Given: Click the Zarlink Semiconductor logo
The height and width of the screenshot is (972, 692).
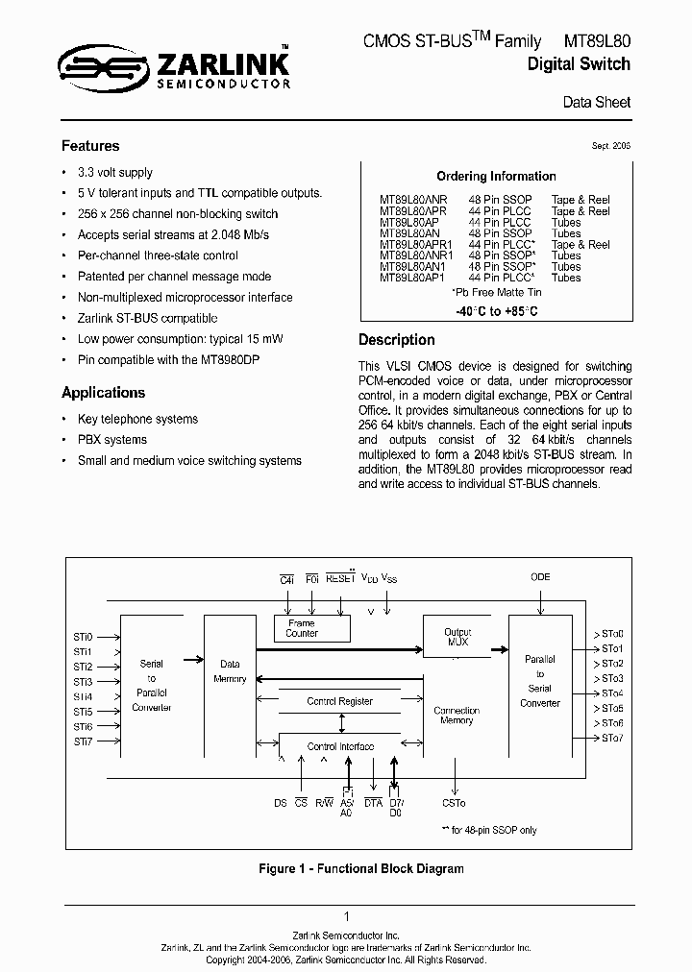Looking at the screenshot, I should click(174, 72).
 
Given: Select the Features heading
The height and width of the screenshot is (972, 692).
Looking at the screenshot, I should click(90, 146).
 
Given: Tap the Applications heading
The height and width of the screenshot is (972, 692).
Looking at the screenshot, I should click(103, 392).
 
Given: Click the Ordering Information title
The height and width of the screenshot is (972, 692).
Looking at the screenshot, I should click(496, 176).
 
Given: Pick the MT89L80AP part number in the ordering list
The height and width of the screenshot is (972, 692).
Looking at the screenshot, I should click(408, 222).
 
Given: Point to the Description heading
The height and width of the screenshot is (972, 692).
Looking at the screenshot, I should click(396, 340).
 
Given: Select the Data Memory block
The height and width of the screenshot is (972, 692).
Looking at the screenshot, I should click(231, 670).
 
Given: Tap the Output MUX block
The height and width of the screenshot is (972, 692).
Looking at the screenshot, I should click(457, 637).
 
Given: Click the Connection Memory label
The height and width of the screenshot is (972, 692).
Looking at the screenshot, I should click(457, 716).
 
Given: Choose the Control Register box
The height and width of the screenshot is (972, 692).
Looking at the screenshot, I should click(340, 701).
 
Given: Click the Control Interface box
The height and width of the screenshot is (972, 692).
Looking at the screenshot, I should click(340, 746).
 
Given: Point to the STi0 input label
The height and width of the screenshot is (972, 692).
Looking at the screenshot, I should click(83, 637).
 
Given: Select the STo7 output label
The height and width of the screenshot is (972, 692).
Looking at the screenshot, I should click(612, 738).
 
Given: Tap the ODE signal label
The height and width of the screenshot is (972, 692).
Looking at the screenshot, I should click(541, 578).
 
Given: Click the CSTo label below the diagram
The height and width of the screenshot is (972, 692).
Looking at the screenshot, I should click(454, 803).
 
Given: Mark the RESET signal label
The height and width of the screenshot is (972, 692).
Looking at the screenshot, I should click(340, 578).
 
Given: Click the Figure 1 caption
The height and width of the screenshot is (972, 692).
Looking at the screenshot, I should click(361, 868).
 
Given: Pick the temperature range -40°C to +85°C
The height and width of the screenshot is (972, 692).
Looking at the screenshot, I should click(496, 312).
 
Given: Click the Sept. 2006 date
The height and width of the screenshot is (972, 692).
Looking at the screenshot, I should click(611, 146).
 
